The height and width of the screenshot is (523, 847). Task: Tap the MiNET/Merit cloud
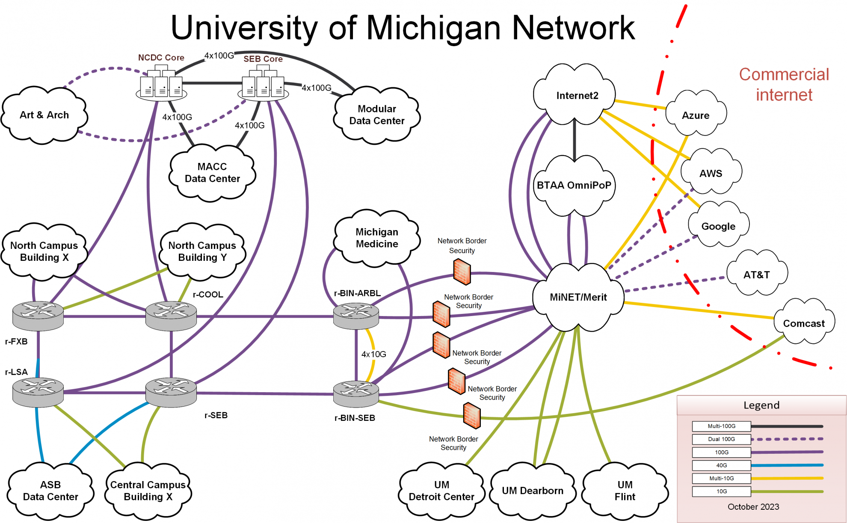tap(578, 297)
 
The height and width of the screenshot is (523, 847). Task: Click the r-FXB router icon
tap(38, 316)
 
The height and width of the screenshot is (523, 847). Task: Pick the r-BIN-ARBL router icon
tap(356, 316)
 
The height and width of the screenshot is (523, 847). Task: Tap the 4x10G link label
tap(373, 354)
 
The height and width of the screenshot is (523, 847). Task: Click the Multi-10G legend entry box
tap(721, 478)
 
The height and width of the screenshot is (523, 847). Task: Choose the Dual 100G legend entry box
tap(721, 439)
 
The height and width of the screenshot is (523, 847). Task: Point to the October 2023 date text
tap(753, 507)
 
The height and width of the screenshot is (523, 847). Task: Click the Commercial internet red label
tap(784, 85)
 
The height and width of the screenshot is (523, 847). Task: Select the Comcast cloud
tap(803, 323)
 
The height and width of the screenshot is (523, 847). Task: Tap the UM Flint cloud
tap(625, 490)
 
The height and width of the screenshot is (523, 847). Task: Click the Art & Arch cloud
tap(44, 115)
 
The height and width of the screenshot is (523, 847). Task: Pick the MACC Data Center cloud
tap(212, 173)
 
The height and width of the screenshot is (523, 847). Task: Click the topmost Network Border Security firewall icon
tap(462, 272)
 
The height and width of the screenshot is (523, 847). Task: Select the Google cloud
tap(718, 226)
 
